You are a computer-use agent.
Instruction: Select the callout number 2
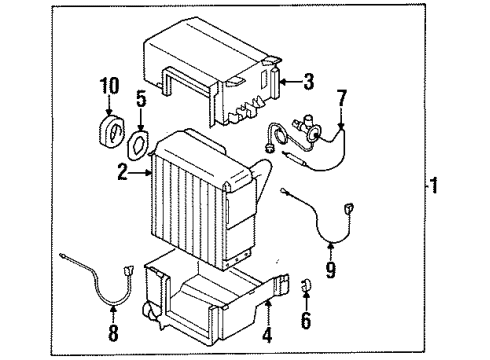click(x=122, y=173)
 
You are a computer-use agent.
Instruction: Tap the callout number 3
click(x=307, y=83)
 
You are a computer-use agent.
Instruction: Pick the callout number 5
click(x=142, y=100)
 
